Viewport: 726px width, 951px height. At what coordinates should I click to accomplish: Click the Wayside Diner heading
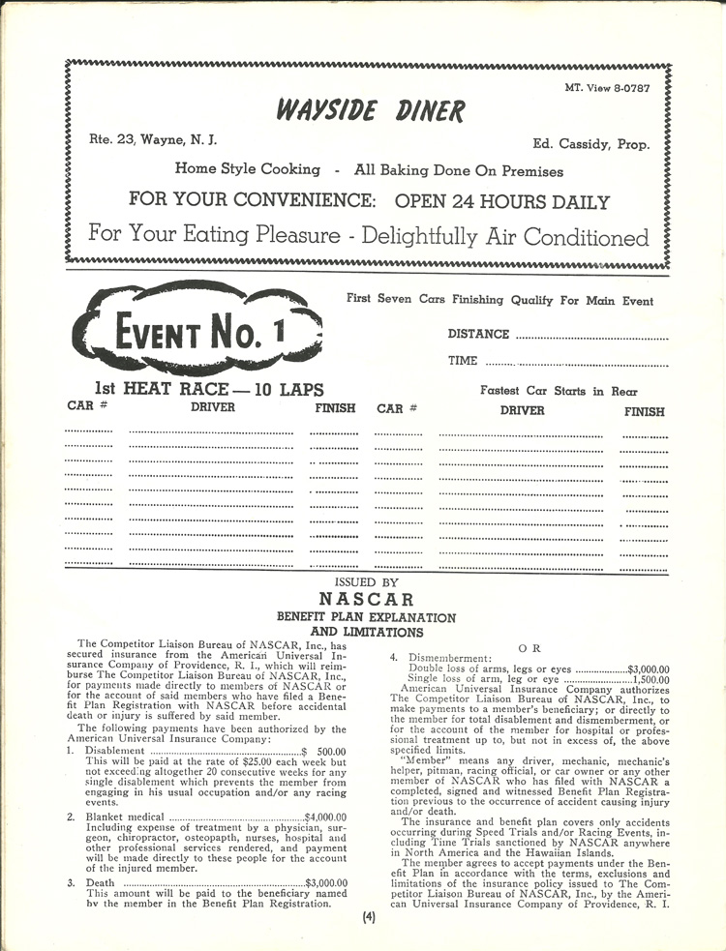pos(370,111)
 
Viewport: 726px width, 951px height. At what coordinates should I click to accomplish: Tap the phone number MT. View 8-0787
pos(607,87)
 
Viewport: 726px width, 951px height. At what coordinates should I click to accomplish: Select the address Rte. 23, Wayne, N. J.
pos(152,139)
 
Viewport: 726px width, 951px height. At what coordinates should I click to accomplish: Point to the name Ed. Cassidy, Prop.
pos(590,144)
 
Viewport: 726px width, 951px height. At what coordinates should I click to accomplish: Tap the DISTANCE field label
pos(478,334)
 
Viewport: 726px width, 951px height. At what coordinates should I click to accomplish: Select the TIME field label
pos(463,361)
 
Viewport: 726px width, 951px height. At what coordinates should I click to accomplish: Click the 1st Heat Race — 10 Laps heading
pos(202,390)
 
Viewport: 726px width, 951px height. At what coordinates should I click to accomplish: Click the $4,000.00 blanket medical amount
pos(325,817)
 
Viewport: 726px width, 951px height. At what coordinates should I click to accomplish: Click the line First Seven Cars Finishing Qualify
pos(499,300)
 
